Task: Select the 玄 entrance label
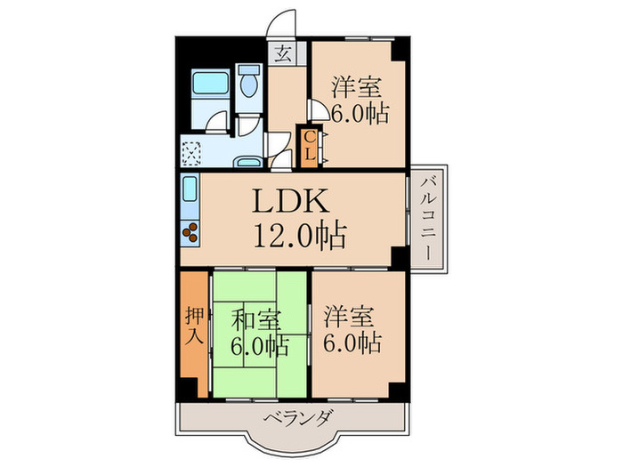click(x=282, y=52)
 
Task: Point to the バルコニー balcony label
click(x=429, y=216)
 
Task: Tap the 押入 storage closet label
click(x=194, y=326)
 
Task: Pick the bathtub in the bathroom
click(x=212, y=86)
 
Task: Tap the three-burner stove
click(x=191, y=234)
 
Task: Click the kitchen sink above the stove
click(x=190, y=190)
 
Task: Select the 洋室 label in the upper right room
click(x=358, y=88)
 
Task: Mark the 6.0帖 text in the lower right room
click(x=354, y=342)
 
